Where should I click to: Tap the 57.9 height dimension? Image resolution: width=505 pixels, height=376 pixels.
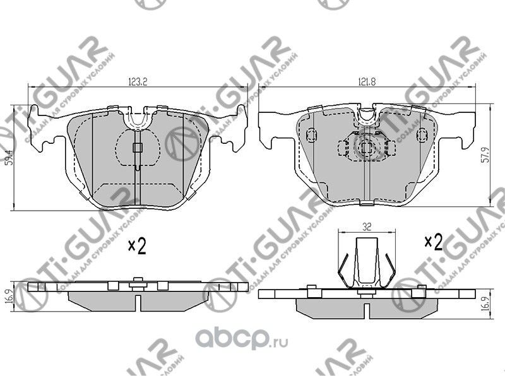coord(484,154)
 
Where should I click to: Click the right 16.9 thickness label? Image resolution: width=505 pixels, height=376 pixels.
coord(484,303)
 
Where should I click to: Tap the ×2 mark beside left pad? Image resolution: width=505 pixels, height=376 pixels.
coord(137,245)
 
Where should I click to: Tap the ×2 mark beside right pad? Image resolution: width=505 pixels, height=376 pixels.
coord(433,241)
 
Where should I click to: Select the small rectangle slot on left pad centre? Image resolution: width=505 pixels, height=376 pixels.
coord(137,149)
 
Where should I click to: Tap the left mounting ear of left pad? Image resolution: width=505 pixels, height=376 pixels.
coord(44,126)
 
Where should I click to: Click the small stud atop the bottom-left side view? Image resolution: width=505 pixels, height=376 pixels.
coord(137,280)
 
